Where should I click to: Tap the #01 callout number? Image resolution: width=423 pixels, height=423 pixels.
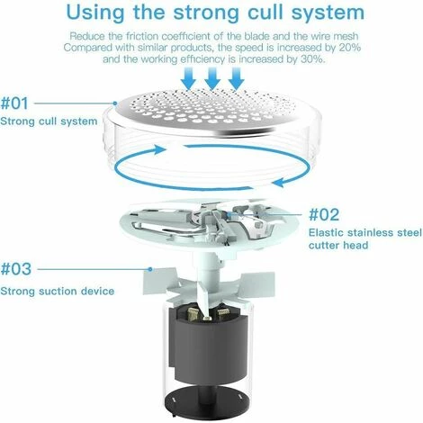(x=14, y=103)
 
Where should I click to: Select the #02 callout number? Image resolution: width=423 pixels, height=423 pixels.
(x=324, y=214)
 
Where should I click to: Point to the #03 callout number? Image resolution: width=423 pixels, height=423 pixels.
(x=16, y=269)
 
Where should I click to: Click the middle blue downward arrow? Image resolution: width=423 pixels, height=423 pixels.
(x=212, y=78)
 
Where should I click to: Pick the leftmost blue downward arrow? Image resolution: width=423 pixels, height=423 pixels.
(x=189, y=78)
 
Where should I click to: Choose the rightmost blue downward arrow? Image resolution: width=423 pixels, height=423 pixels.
(x=237, y=78)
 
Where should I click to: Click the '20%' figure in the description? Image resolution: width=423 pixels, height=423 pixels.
(x=350, y=48)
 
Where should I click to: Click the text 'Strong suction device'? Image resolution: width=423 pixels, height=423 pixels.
(x=58, y=291)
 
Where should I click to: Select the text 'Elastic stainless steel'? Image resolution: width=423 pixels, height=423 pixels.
(x=365, y=232)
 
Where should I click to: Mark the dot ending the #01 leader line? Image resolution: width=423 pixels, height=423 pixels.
(x=115, y=103)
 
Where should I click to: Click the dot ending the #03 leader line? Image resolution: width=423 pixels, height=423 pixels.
(x=150, y=269)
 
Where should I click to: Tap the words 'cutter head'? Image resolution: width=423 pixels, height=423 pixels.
(x=338, y=245)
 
